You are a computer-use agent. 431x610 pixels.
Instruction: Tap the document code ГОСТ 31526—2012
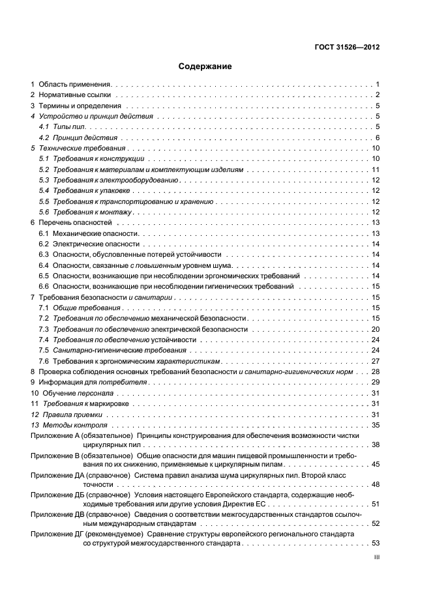pyautogui.click(x=347, y=46)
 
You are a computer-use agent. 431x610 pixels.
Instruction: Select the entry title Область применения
pyautogui.click(x=76, y=85)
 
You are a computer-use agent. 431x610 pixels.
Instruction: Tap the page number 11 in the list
pyautogui.click(x=376, y=169)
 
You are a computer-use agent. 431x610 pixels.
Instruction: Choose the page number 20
pyautogui.click(x=376, y=329)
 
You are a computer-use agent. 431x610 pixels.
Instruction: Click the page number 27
pyautogui.click(x=376, y=361)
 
